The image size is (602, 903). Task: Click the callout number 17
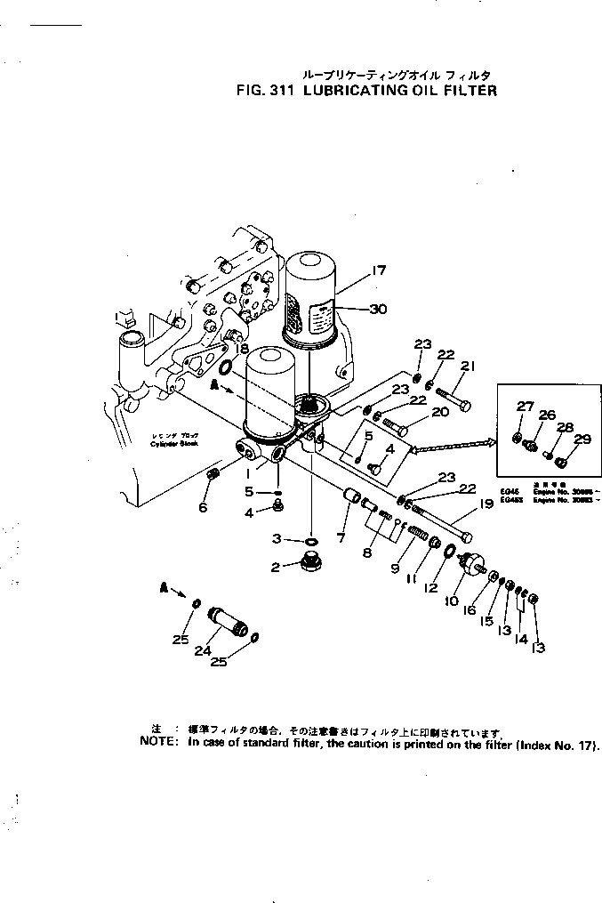pos(380,271)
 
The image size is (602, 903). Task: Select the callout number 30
pos(380,310)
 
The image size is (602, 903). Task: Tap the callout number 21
pos(468,365)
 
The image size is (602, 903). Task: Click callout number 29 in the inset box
pos(582,439)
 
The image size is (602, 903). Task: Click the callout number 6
pos(203,507)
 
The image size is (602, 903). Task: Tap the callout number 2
pos(276,567)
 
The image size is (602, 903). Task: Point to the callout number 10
pos(453,601)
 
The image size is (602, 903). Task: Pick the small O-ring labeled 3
pos(311,540)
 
